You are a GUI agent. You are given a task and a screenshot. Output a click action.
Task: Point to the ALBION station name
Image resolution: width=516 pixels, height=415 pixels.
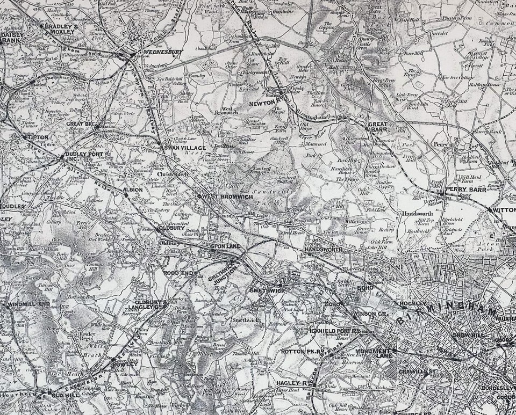coord(133,190)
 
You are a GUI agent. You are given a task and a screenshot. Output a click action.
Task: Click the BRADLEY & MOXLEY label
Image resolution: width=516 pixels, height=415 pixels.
coord(61,29)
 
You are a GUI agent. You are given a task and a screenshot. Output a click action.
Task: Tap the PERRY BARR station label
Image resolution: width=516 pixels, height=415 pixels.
coord(465,190)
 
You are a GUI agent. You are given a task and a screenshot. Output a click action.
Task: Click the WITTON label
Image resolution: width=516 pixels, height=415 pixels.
coord(504,210)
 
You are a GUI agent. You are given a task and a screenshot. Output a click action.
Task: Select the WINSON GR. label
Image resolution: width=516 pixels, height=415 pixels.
coord(370,314)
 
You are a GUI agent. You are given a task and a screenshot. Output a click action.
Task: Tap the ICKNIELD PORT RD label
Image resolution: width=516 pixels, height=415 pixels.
coord(334,331)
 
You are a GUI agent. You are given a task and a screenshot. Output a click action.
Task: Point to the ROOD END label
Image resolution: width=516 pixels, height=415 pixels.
coord(178,273)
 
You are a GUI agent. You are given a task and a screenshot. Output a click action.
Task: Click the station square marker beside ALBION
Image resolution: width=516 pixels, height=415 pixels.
coord(126,195)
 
